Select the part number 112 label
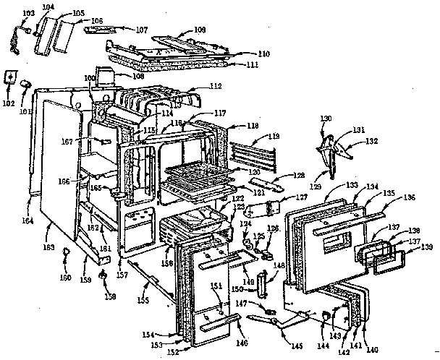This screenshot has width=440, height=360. (214, 87)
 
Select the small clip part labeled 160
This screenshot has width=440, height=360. (67, 252)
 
